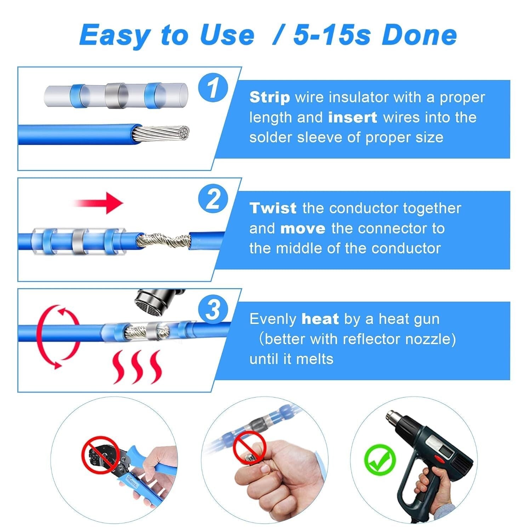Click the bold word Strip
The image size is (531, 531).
coord(269,97)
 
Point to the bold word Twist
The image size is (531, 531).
coord(273,208)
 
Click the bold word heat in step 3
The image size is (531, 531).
coord(320,319)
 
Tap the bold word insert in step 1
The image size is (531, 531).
coord(352,118)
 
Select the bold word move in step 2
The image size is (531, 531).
coord(302,228)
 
